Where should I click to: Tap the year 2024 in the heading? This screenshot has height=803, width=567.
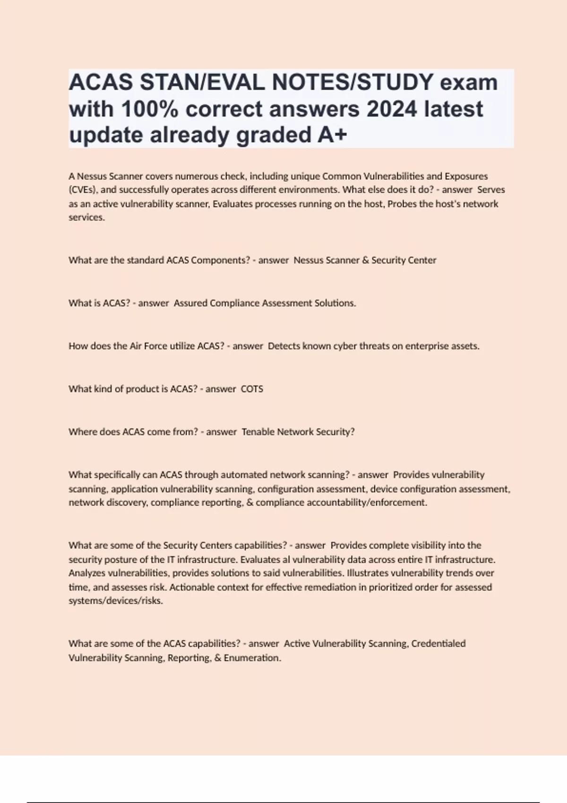(392, 109)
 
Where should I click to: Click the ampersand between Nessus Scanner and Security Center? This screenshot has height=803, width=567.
(365, 260)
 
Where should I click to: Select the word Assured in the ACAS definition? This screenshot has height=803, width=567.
(190, 303)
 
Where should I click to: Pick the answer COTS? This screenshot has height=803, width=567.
(252, 389)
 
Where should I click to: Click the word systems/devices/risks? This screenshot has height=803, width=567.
(115, 601)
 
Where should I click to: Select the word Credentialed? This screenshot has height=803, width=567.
(438, 643)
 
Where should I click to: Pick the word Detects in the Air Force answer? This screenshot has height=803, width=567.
(284, 346)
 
